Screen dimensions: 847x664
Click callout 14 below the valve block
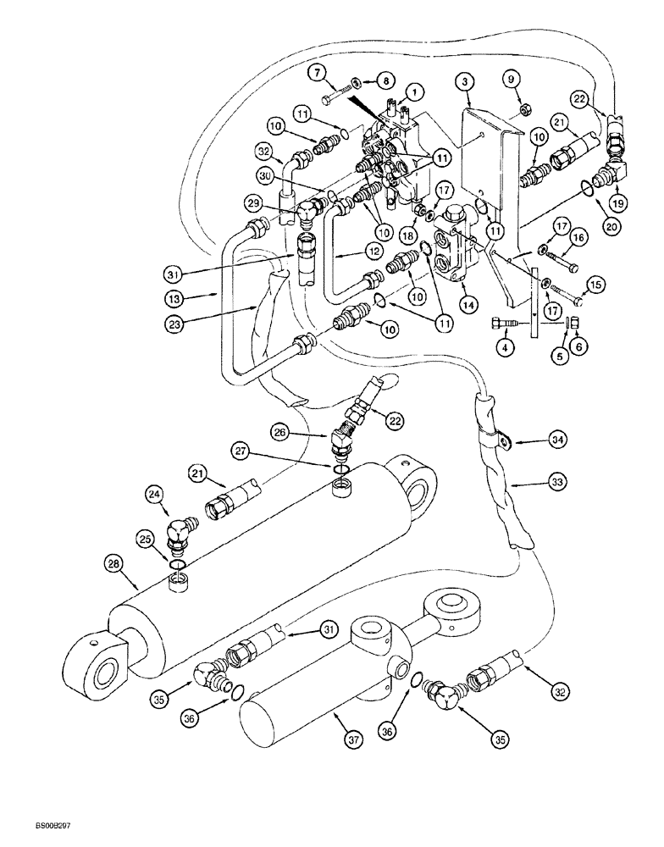coord(465,301)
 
